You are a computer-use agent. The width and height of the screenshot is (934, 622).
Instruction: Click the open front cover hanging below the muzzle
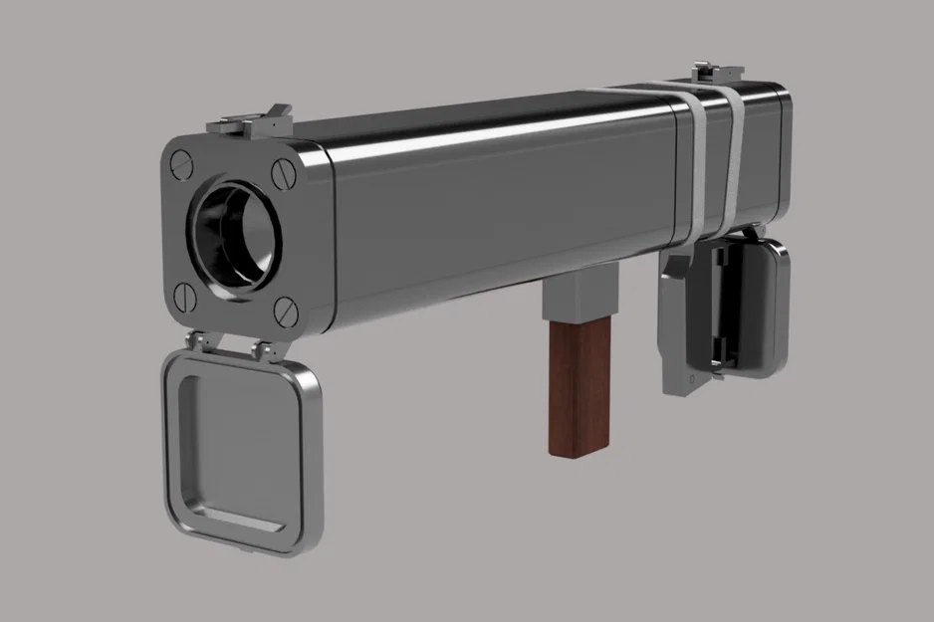pyautogui.click(x=238, y=449)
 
